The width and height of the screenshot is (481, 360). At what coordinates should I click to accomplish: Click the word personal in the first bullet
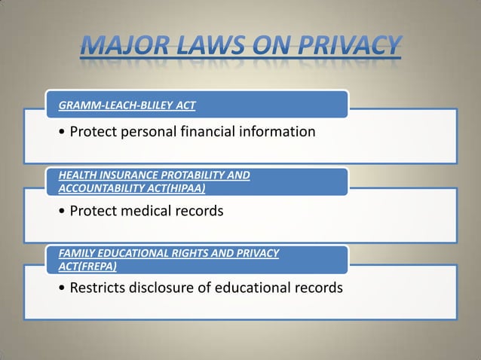pos(146,133)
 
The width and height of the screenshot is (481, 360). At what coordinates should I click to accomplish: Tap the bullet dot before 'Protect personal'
pos(60,133)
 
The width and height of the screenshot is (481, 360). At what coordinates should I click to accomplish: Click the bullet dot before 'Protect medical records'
pos(60,212)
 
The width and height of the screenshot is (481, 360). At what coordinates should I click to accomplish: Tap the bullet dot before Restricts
pos(60,288)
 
